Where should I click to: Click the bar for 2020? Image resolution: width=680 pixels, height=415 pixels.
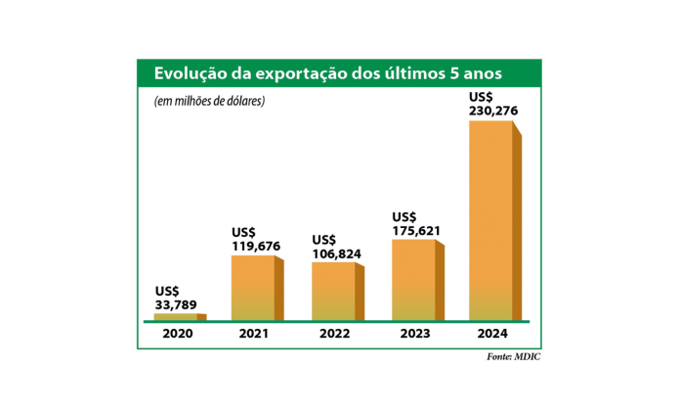(177, 317)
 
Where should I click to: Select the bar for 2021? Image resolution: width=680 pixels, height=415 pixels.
(254, 288)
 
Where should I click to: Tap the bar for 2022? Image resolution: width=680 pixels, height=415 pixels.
(334, 292)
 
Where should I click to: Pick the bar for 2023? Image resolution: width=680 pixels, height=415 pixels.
(414, 280)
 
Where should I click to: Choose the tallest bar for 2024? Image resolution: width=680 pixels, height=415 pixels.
(491, 220)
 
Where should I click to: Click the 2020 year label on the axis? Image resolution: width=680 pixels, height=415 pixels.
(178, 335)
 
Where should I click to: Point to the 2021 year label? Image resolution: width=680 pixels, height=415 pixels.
(255, 335)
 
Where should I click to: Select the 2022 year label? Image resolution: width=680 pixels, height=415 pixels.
(335, 335)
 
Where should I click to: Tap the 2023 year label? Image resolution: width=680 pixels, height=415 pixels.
(414, 335)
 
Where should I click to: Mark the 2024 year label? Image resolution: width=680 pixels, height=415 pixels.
(491, 335)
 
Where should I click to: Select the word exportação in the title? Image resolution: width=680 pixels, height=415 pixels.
(298, 73)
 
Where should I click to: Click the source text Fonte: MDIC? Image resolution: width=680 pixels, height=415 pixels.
(513, 357)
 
